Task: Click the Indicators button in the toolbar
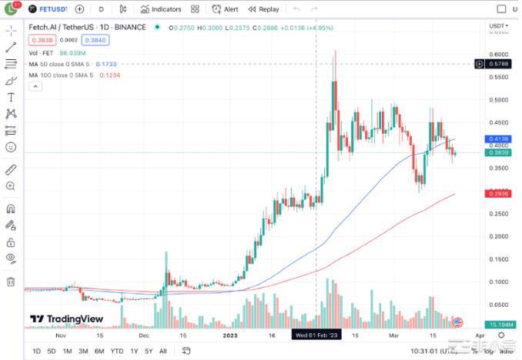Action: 161,9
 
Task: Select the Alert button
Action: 226,9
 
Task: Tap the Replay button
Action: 264,9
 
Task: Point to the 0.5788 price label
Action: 499,64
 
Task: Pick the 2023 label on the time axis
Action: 229,335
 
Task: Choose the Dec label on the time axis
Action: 144,335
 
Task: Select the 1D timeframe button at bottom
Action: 36,352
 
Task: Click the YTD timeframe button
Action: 117,352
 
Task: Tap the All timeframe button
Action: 162,352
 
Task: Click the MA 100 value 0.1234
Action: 109,75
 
